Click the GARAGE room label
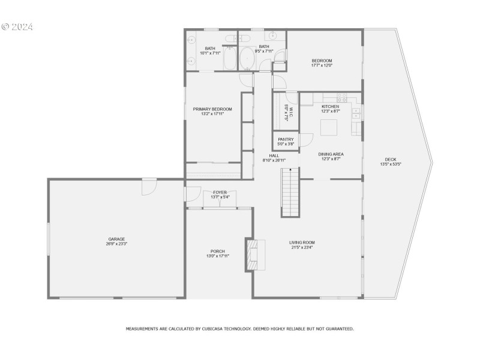[116, 239]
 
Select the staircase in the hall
[290, 193]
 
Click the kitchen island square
[328, 128]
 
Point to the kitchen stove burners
[343, 97]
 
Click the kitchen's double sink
[356, 112]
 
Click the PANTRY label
[286, 139]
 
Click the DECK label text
[390, 159]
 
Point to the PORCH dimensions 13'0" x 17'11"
[217, 256]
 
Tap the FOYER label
[220, 192]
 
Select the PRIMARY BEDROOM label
[212, 109]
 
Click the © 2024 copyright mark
[17, 27]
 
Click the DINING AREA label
[330, 154]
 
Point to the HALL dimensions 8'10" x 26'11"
[274, 160]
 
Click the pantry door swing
[305, 140]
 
